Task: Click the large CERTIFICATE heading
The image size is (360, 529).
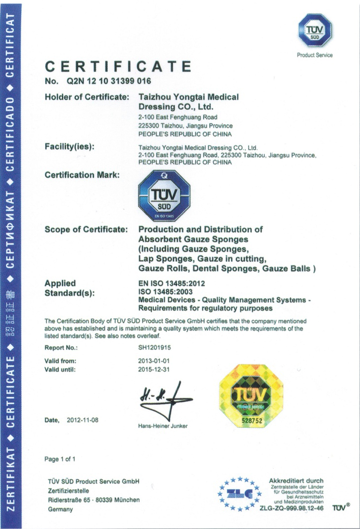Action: pyautogui.click(x=118, y=66)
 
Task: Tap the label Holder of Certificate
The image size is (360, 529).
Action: pyautogui.click(x=87, y=97)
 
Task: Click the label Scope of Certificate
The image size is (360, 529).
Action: pyautogui.click(x=86, y=229)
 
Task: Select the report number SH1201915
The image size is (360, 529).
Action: pyautogui.click(x=155, y=348)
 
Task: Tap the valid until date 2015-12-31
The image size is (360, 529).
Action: pyautogui.click(x=154, y=369)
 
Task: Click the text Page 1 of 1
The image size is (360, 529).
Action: pyautogui.click(x=60, y=459)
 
